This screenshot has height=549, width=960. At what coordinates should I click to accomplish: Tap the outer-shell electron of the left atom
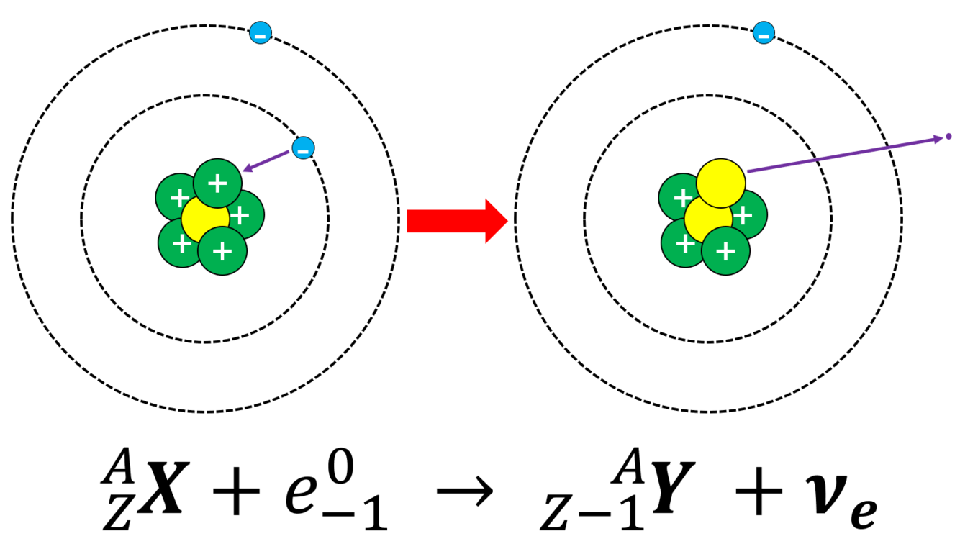[260, 33]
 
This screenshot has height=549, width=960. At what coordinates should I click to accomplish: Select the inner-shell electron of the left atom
[303, 149]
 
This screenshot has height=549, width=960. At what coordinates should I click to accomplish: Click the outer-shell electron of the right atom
[764, 33]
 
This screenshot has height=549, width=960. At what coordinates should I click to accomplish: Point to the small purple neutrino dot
[948, 136]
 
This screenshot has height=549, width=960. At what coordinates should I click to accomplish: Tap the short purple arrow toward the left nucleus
[271, 160]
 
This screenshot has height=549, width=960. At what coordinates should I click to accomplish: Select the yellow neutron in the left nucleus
[204, 219]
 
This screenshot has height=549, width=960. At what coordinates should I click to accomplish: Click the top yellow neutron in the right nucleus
[720, 181]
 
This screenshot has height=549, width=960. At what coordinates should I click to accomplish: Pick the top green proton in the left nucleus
[217, 183]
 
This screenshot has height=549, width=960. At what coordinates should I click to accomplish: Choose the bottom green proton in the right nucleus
[725, 251]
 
